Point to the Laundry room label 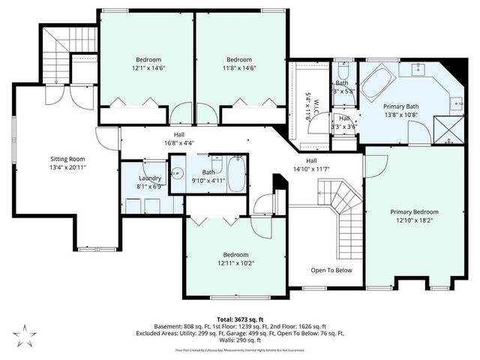pyautogui.click(x=148, y=178)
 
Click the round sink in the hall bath pyautogui.click(x=178, y=172)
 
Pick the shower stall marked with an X pyautogui.click(x=451, y=129)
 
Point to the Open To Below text pyautogui.click(x=331, y=270)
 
